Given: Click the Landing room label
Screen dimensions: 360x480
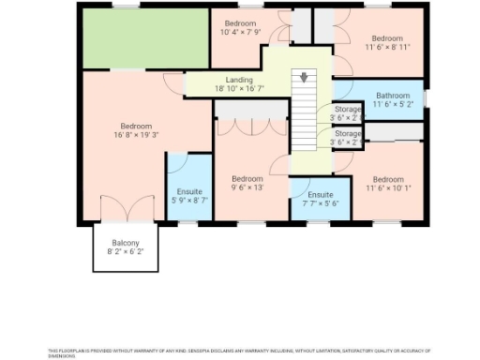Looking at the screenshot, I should pos(239,81).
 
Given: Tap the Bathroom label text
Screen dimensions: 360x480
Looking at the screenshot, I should pos(392,96).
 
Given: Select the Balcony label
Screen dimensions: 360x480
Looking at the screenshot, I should pos(126,243).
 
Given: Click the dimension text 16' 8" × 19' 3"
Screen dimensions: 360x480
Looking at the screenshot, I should pos(136,135).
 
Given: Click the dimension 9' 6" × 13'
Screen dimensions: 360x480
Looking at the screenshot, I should pos(247,187).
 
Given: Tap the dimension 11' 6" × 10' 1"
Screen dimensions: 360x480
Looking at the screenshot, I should pos(387,187).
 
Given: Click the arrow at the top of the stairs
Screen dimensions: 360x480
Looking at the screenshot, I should pos(303,76).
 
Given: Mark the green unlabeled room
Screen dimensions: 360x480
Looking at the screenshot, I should pos(144,39).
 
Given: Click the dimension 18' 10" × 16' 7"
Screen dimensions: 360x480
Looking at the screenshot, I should pos(239,89).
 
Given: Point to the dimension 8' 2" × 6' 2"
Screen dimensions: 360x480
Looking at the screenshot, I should pos(126,252).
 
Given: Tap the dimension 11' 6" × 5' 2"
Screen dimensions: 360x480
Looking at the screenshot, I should pos(392,105).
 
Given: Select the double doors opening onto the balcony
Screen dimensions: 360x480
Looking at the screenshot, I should pos(126,209).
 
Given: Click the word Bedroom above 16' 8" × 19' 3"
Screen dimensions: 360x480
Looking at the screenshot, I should pos(136,126).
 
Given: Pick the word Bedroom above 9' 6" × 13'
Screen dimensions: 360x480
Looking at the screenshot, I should pos(247,178).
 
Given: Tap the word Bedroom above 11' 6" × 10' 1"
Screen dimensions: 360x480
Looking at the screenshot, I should pos(387,178).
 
